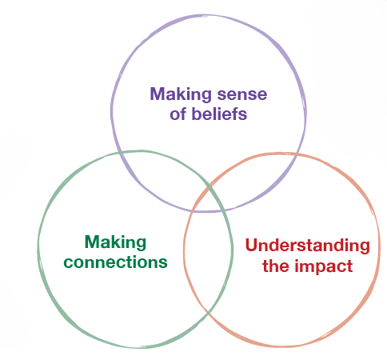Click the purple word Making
[x=181, y=95]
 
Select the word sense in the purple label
[x=242, y=95]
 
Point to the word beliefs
[x=219, y=114]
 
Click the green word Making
[x=115, y=243]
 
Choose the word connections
[x=115, y=262]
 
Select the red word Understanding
[x=307, y=246]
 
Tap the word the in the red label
[x=276, y=266]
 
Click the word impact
[x=324, y=266]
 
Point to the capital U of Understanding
[x=251, y=245]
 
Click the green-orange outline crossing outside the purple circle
[x=207, y=311]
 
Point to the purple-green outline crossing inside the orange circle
[x=225, y=210]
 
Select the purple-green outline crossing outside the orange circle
[x=120, y=153]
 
